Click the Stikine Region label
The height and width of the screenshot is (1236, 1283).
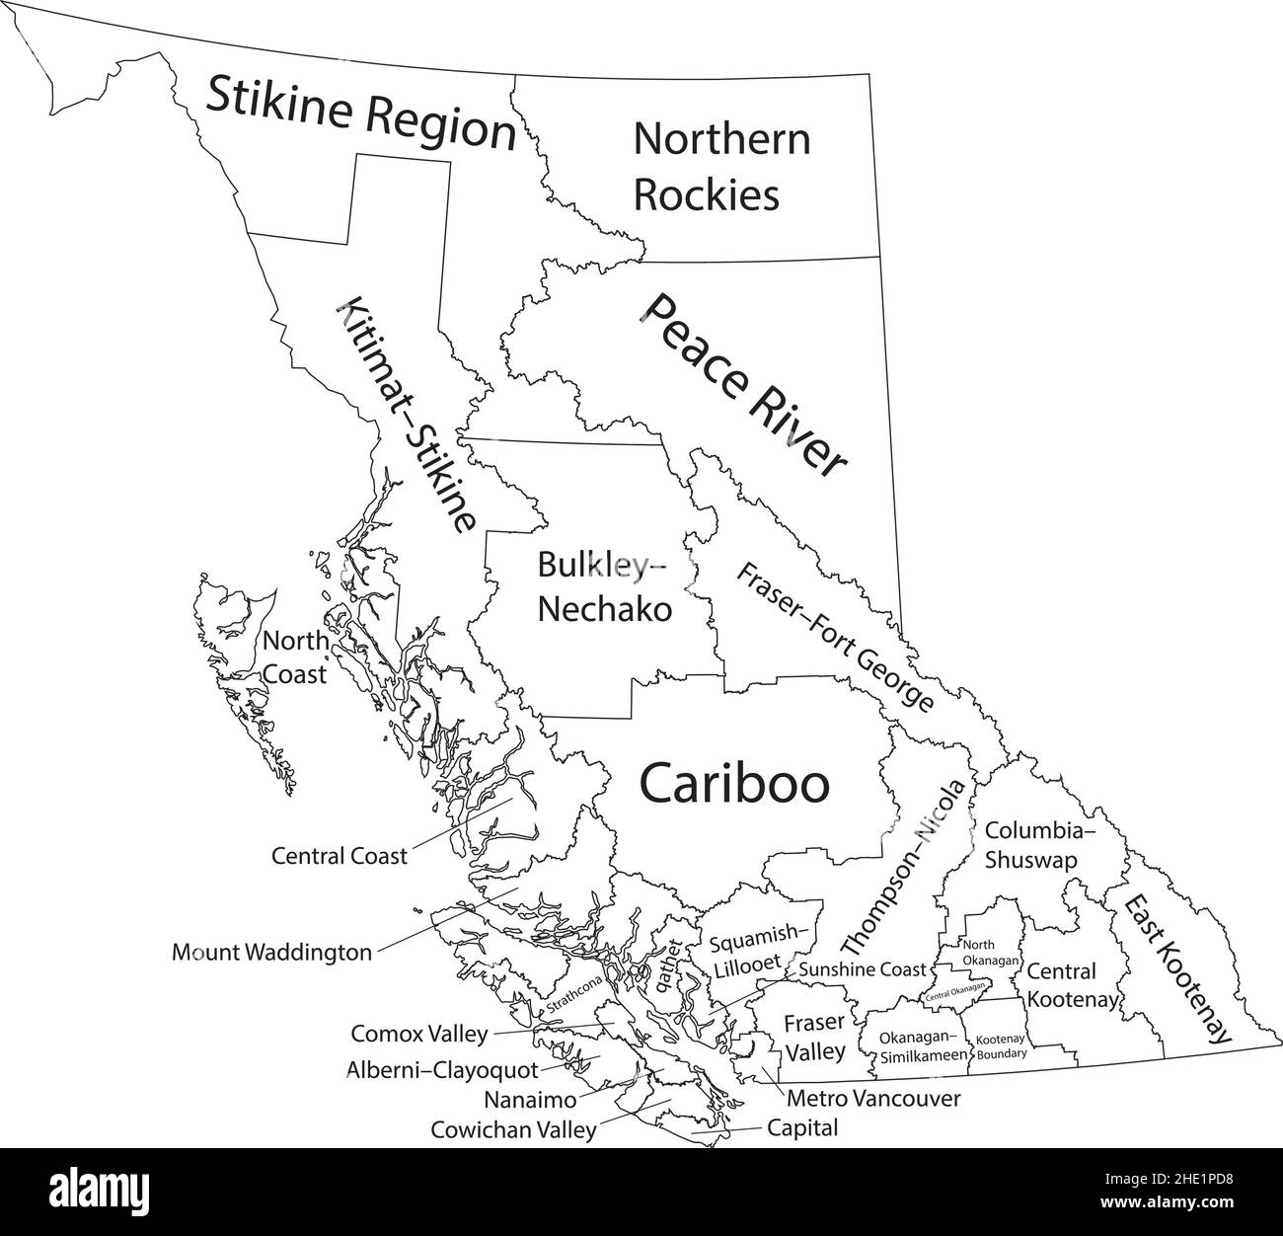(361, 114)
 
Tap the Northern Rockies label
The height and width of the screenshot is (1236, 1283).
(720, 166)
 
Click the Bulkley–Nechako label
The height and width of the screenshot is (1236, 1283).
(603, 585)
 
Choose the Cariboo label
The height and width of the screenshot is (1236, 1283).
(734, 784)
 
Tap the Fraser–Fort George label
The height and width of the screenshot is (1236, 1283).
(835, 636)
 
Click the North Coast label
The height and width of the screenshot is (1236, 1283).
(295, 657)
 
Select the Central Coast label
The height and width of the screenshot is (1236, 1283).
(339, 856)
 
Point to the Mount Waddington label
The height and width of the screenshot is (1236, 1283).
(272, 953)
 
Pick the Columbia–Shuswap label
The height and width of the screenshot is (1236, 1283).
(1040, 845)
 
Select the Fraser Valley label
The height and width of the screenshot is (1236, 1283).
(814, 1037)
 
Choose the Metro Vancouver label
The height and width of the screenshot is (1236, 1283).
(873, 1097)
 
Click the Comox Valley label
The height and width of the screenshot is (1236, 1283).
(419, 1035)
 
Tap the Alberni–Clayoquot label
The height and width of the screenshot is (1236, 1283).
(442, 1069)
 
